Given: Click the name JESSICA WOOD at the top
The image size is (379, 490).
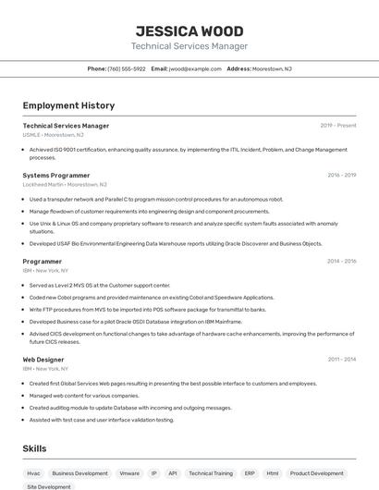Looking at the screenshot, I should pos(189,31).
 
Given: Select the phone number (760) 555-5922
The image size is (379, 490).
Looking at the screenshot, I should pos(127,68).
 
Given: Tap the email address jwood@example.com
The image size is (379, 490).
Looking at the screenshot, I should pos(195,68).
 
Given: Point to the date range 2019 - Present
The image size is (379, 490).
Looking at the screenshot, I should pos(338,126).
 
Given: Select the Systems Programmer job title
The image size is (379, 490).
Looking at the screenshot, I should pos(56,175).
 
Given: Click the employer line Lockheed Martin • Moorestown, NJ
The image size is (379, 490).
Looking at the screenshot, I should pos(65,184).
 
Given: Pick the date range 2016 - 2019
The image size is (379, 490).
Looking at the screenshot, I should pos(341,175).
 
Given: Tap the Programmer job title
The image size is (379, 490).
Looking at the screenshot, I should pos(43,262).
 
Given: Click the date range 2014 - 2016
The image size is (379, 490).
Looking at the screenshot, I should pos(341,262).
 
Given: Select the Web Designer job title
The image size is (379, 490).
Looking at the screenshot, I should pos(43,359).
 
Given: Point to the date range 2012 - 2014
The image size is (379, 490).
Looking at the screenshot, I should pos(341,359).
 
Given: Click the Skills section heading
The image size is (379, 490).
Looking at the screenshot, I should pos(35,448).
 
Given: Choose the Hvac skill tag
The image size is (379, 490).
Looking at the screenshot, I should pos(34,472).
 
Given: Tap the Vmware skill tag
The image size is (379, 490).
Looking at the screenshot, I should pos(129,472).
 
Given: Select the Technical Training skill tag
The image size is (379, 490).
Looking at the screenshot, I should pos(211,472).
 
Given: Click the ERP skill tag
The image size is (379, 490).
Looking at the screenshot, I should pos(250,472).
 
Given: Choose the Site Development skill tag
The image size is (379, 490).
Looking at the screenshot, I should pos(49,486).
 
